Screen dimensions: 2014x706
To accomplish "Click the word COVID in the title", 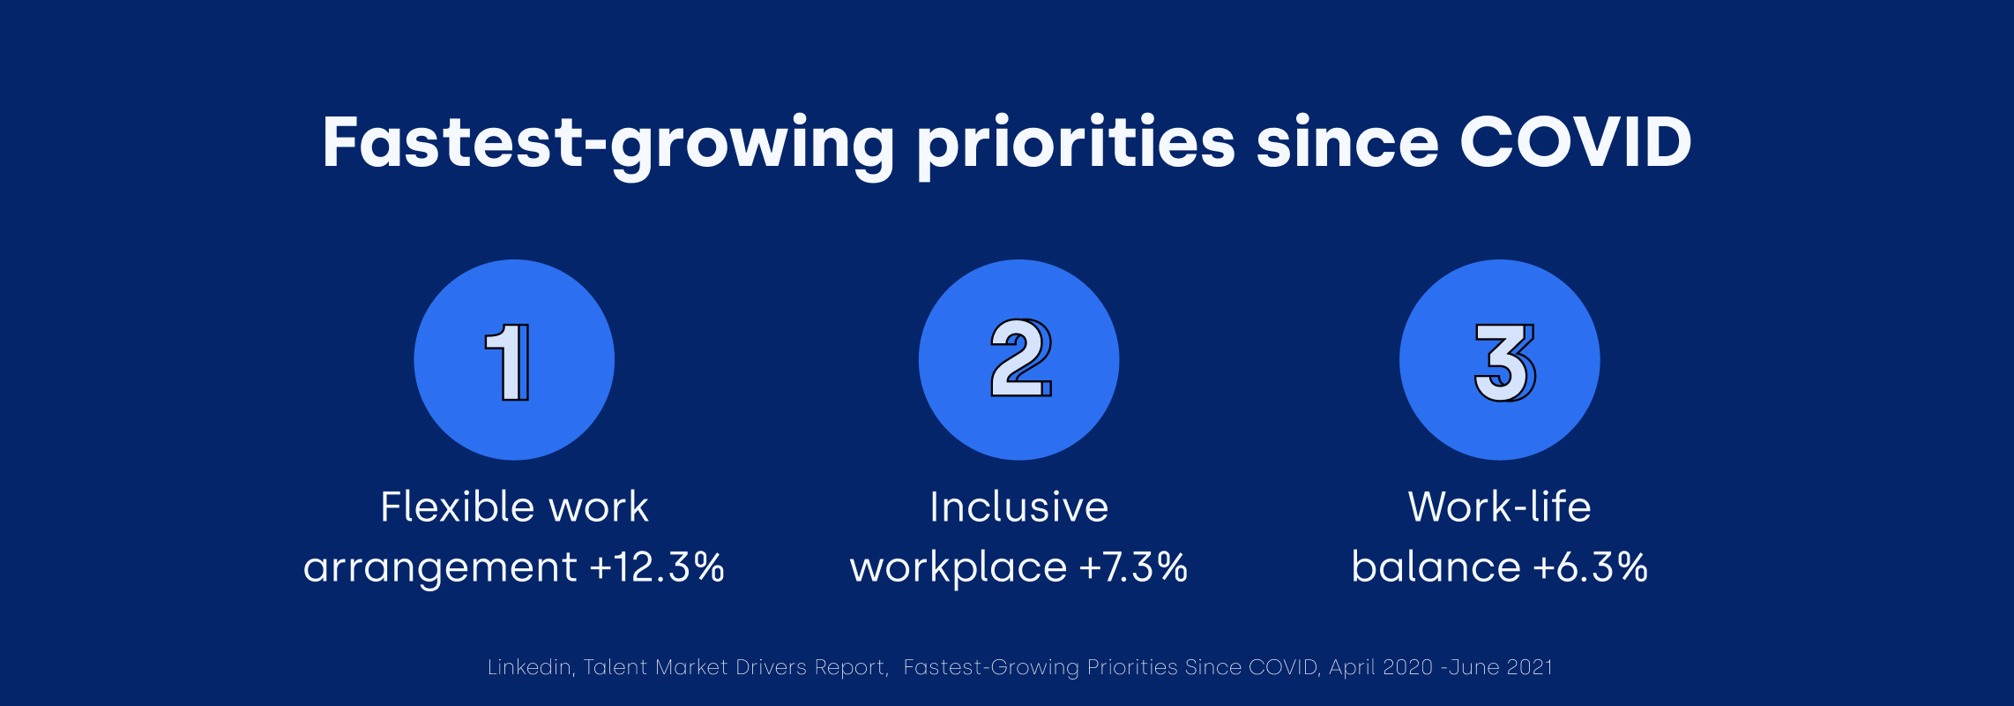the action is click(x=1576, y=142).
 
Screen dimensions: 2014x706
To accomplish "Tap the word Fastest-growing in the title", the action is click(x=609, y=146).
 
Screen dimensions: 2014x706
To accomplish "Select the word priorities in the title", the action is click(x=1077, y=146).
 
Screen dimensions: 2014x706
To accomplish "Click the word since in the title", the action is click(x=1347, y=142).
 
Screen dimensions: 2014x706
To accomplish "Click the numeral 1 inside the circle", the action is click(x=508, y=362).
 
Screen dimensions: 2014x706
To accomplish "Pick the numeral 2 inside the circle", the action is click(x=1021, y=357).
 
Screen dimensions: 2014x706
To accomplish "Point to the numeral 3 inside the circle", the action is click(x=1504, y=362).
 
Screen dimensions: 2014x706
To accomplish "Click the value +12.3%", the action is click(x=657, y=567).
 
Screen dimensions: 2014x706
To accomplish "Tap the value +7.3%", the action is click(x=1134, y=567).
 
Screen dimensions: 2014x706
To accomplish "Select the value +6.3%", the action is click(x=1591, y=567).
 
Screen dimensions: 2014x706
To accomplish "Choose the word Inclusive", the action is click(x=1019, y=507).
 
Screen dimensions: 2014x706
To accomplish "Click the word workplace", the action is click(x=959, y=568).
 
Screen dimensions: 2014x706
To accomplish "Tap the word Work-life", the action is click(x=1500, y=507).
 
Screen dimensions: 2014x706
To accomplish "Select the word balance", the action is click(x=1436, y=567).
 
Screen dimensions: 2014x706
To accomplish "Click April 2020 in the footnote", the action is click(x=1381, y=668).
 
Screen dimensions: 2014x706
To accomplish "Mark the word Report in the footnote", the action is click(x=852, y=668).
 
